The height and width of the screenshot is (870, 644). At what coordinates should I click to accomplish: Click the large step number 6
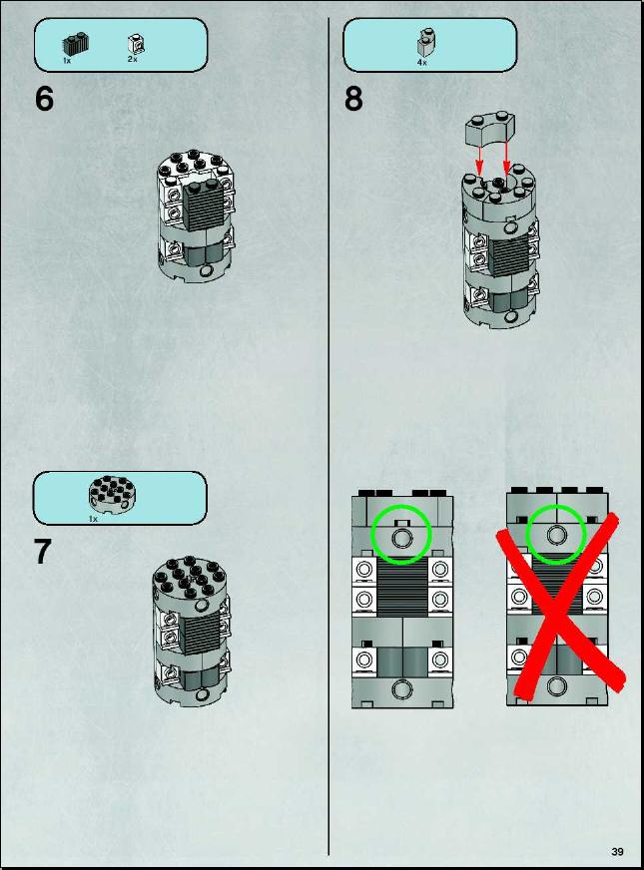44,99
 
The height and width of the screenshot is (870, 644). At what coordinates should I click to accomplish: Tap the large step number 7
43,552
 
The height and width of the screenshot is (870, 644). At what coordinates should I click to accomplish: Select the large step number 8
353,99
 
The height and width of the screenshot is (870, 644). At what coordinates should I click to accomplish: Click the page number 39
617,851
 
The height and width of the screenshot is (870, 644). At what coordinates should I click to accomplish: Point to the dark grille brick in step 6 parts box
76,44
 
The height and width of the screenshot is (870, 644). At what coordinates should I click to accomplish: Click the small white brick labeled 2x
134,43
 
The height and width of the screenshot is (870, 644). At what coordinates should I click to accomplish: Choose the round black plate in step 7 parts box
112,495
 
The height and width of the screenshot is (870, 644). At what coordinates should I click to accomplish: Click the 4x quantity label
422,63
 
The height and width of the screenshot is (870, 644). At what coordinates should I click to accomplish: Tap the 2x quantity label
132,59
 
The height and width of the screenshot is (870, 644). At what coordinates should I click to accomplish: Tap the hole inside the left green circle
400,537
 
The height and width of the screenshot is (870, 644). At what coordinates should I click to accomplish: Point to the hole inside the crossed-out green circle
555,535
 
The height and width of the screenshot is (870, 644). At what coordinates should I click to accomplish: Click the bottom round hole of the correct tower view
400,689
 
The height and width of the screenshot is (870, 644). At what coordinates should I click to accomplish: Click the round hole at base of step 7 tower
205,694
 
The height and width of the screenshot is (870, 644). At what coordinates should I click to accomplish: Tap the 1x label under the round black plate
93,519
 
